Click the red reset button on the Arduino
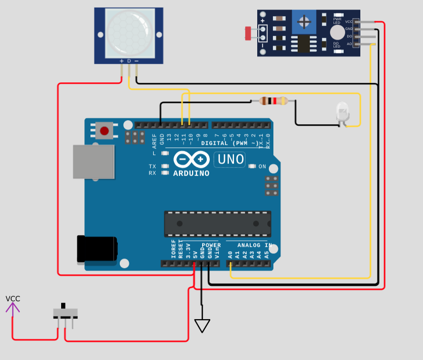pyautogui.click(x=104, y=131)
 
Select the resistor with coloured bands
pyautogui.click(x=273, y=101)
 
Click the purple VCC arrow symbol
pyautogui.click(x=13, y=308)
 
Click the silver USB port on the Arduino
pyautogui.click(x=93, y=162)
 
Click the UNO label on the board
pyautogui.click(x=230, y=160)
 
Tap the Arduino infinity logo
pyautogui.click(x=192, y=160)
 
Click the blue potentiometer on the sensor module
pyautogui.click(x=304, y=22)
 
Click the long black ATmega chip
pyautogui.click(x=217, y=224)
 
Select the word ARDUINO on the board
pyautogui.click(x=191, y=173)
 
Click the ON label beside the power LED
pyautogui.click(x=262, y=167)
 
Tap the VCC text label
pyautogui.click(x=13, y=298)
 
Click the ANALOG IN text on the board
pyautogui.click(x=255, y=245)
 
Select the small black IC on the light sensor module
pyautogui.click(x=304, y=43)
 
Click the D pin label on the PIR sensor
pyautogui.click(x=129, y=61)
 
